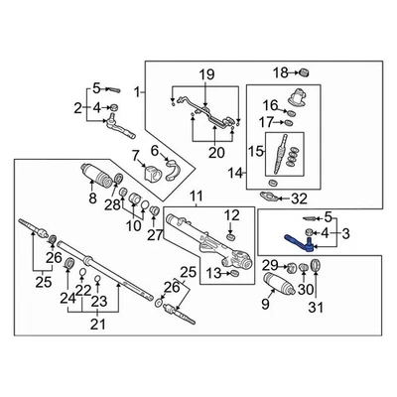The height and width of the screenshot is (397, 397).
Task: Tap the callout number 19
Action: (x=206, y=76)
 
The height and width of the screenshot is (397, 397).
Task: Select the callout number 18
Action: (x=281, y=72)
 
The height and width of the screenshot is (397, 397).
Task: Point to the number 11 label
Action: (x=196, y=196)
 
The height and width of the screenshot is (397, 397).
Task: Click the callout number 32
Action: (x=299, y=199)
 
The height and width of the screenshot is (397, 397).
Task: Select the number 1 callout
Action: (x=138, y=92)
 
